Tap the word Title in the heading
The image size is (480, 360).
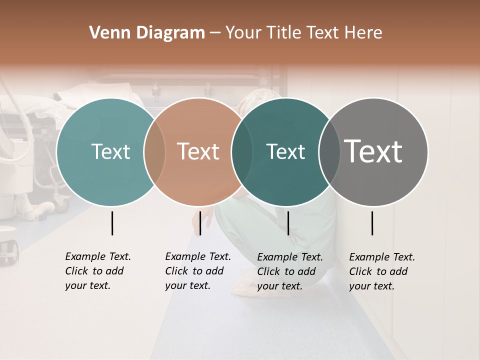283,33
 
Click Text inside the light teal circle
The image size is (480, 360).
110,151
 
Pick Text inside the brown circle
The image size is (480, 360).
198,151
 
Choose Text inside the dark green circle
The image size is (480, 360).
285,151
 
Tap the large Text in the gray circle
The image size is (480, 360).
373,151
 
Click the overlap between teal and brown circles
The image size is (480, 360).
154,152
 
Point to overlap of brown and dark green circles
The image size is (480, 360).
241,152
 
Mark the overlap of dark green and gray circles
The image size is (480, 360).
329,152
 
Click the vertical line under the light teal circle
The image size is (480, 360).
112,223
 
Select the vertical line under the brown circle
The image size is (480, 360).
200,223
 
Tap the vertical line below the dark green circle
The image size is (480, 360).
288,223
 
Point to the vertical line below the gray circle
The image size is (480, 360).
372,223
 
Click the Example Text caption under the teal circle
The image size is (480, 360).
97,271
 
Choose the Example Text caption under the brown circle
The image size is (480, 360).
197,271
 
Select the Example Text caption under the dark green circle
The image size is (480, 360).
289,271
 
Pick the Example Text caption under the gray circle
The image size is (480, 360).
381,271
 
